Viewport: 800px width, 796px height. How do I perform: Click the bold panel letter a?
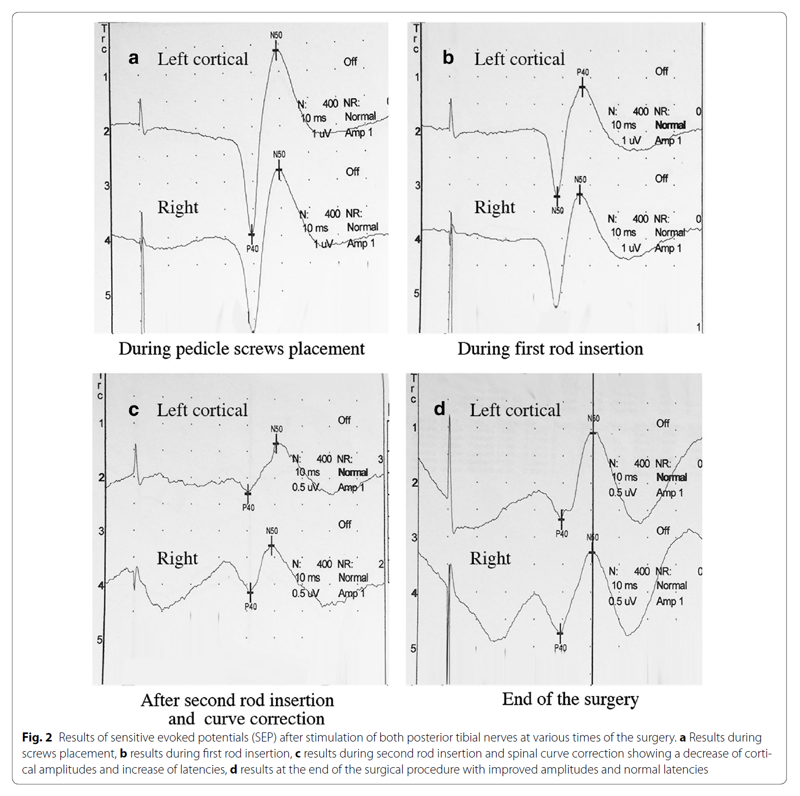click(134, 58)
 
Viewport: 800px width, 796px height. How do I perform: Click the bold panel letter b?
click(448, 58)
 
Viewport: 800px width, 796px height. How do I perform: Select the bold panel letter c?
click(134, 410)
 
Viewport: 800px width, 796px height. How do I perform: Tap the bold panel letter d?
click(440, 409)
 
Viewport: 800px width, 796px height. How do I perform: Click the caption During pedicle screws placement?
click(241, 349)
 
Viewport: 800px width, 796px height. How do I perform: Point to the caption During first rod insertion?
click(550, 349)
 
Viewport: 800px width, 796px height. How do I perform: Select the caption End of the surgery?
click(570, 699)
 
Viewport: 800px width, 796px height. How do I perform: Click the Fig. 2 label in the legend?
click(37, 738)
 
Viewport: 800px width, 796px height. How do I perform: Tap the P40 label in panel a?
click(252, 249)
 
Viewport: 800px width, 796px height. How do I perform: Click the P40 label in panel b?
click(583, 72)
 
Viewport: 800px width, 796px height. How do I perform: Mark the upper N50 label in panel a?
click(276, 35)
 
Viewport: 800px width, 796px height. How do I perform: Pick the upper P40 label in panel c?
click(248, 508)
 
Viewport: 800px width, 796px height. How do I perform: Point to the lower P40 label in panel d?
click(560, 648)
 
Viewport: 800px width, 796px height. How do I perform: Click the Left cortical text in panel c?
click(202, 410)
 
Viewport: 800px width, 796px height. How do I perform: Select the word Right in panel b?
click(495, 207)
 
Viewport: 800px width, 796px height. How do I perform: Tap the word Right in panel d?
click(490, 558)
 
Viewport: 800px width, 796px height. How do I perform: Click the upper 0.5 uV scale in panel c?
click(305, 487)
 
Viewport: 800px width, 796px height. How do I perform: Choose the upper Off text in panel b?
click(661, 71)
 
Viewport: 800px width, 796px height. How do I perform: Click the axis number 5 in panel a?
click(108, 295)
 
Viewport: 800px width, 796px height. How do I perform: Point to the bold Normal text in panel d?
click(671, 477)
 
